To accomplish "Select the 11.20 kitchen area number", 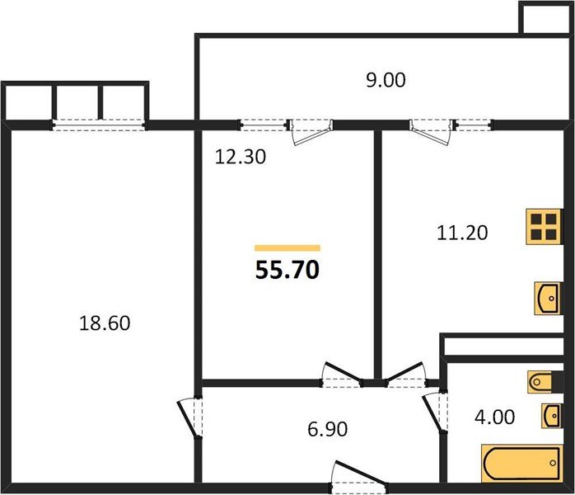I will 461,233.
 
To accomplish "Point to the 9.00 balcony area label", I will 386,80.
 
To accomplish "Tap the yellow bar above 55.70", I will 287,247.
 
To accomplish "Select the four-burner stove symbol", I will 545,226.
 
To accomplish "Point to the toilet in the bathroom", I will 543,382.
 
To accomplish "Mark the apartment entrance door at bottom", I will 353,476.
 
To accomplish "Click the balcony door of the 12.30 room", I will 311,130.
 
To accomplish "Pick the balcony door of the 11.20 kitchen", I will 432,130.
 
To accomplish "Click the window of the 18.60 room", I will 100,125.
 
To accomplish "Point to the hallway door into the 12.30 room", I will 341,375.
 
